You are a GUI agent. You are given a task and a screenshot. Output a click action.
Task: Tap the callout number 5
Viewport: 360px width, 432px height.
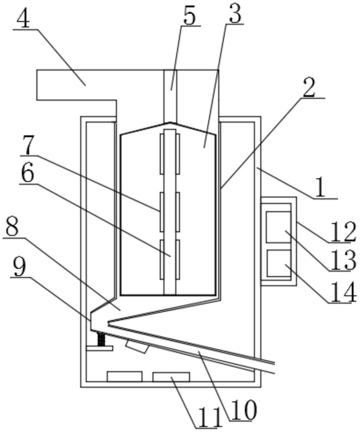tap(189, 16)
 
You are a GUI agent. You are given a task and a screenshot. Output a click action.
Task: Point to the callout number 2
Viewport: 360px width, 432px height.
tap(309, 88)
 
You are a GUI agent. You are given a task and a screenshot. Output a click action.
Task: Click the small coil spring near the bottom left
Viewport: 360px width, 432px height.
tap(101, 339)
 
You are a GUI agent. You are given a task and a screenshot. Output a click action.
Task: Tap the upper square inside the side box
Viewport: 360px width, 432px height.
tap(278, 227)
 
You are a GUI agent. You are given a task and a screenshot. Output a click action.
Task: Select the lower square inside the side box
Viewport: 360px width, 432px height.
tap(278, 263)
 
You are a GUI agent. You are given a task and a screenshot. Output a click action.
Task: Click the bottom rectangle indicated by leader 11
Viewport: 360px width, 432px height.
tap(171, 377)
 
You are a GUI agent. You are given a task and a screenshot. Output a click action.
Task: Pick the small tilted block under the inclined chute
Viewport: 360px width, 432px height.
tap(137, 346)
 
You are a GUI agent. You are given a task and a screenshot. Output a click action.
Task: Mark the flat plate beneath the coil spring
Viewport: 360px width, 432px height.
tap(99, 348)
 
